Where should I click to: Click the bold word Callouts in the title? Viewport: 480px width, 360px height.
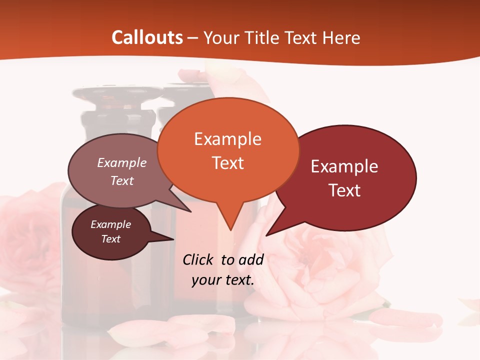[x=147, y=37]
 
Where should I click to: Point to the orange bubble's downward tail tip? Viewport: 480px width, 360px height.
[x=230, y=229]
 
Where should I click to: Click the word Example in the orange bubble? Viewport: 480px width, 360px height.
[x=227, y=139]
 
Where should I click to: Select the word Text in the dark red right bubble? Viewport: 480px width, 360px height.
[x=344, y=190]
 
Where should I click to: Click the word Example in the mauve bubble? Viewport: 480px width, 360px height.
[x=122, y=162]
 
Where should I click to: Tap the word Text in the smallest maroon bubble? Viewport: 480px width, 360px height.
[x=110, y=239]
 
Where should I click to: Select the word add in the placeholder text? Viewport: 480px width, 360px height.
[x=251, y=259]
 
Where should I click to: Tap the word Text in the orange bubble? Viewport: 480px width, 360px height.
[x=228, y=163]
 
